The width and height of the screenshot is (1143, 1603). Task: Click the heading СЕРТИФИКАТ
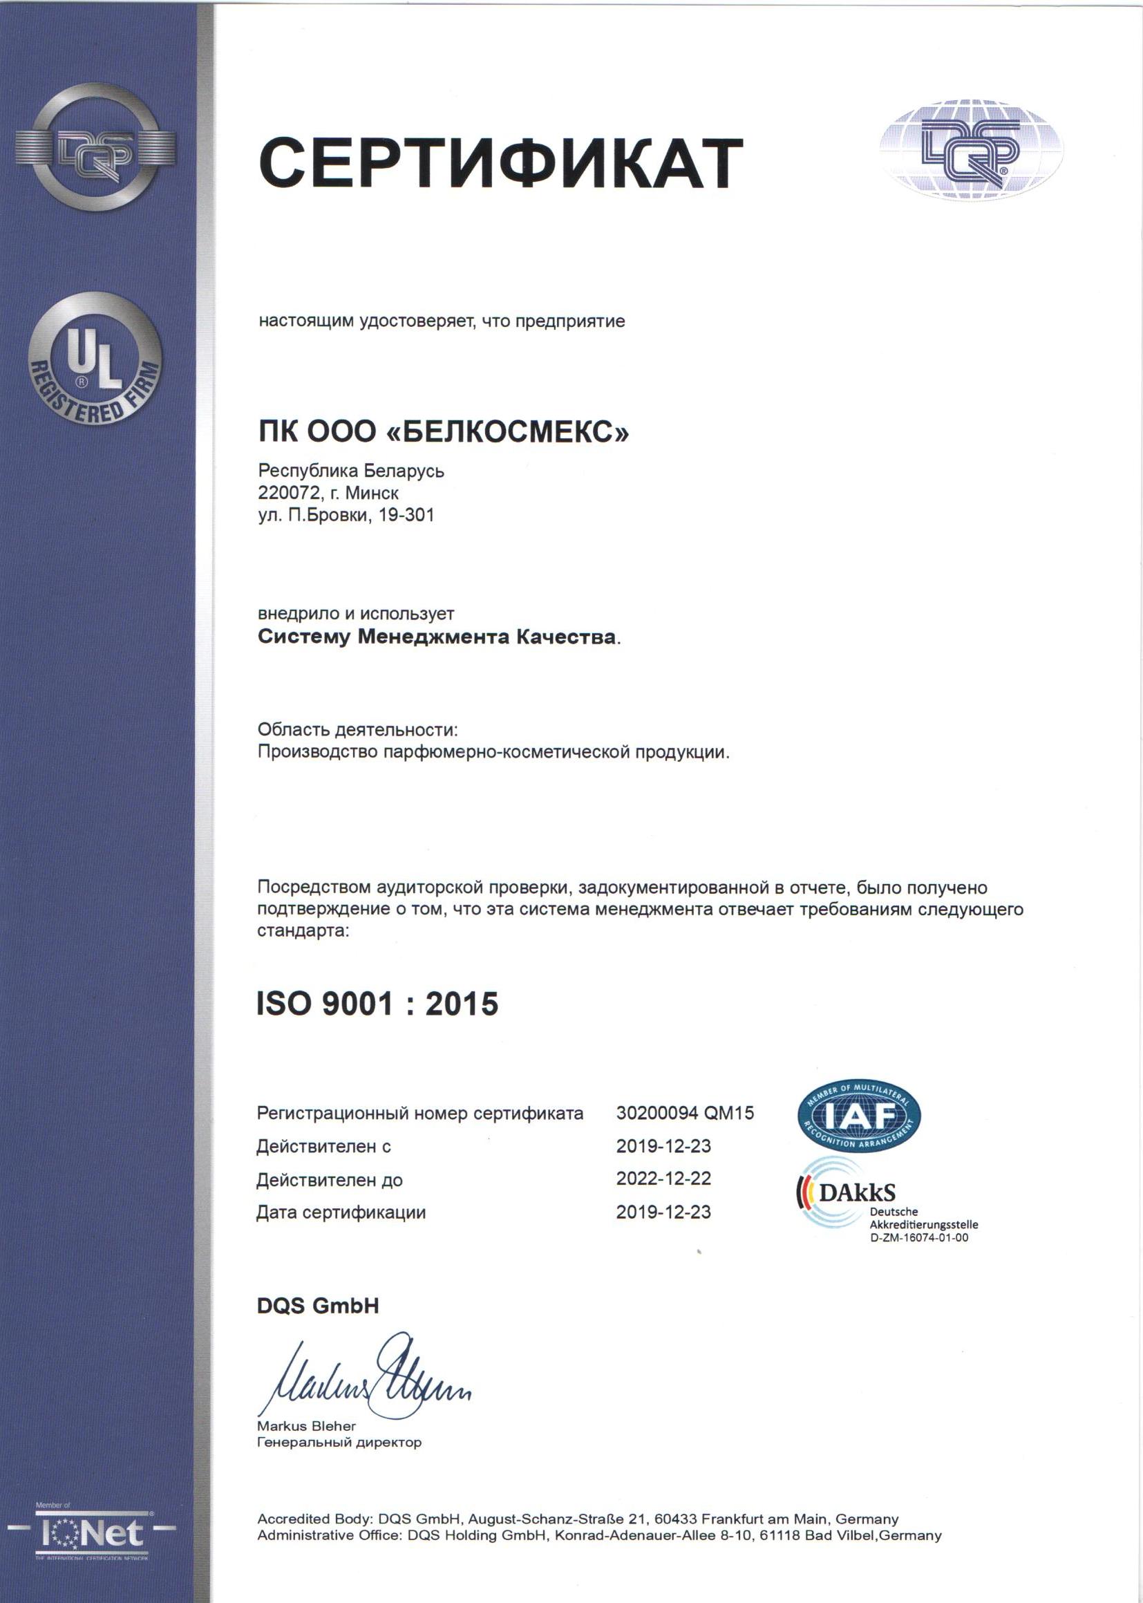coord(500,162)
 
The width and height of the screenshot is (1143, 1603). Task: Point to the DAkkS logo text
coord(856,1192)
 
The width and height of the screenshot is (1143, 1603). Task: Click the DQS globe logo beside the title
coord(970,149)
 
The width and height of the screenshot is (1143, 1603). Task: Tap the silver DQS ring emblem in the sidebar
coord(95,149)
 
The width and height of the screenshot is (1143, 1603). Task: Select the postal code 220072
coord(289,492)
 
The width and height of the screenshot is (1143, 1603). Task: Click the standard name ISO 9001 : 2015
coord(377,1004)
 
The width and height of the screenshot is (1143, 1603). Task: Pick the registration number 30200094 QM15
coord(685,1113)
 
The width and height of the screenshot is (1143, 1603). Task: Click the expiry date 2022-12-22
coord(663,1179)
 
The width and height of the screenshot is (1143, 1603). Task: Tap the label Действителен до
coord(330,1180)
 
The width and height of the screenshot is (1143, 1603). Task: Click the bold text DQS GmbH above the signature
coord(318,1306)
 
